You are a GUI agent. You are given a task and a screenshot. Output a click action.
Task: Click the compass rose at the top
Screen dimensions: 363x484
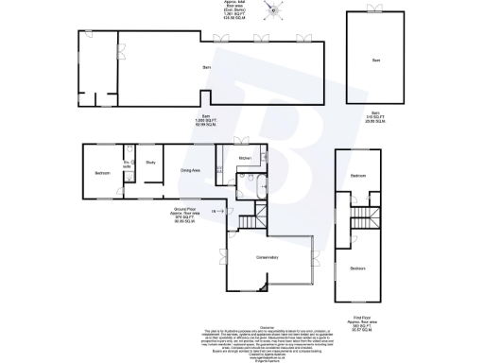coord(276,12)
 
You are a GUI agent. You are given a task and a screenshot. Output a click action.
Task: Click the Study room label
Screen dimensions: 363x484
coord(150,163)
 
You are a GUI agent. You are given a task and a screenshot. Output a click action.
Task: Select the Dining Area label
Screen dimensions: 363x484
coord(190,170)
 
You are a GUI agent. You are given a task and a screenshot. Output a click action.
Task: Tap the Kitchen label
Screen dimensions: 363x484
coord(243,157)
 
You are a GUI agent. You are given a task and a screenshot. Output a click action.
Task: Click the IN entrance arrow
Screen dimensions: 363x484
coord(215,211)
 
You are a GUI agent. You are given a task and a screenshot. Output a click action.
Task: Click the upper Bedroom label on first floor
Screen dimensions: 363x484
coord(358,177)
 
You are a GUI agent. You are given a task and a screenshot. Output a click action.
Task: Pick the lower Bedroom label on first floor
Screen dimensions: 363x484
coord(359,268)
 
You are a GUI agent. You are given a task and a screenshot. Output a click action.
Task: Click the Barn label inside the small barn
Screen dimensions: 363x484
coord(375,60)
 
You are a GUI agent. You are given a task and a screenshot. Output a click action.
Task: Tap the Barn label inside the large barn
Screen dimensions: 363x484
coord(205,68)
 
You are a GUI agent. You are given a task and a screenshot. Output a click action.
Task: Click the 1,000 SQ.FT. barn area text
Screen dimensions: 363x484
coord(205,122)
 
